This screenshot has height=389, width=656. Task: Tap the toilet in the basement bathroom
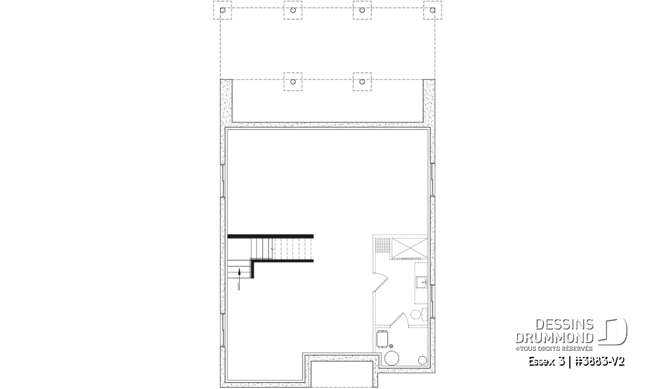pos(418,314)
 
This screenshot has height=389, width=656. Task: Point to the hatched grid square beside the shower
pos(383,243)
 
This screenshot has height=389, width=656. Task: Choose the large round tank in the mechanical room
pos(393,358)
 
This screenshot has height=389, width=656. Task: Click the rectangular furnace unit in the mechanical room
pos(383,338)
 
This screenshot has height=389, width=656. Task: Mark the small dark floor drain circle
pos(392,346)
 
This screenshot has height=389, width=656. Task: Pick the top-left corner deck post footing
pos(223,10)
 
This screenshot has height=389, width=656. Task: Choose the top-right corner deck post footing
pos(432,10)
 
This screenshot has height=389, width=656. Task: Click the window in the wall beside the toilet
pos(433,295)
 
